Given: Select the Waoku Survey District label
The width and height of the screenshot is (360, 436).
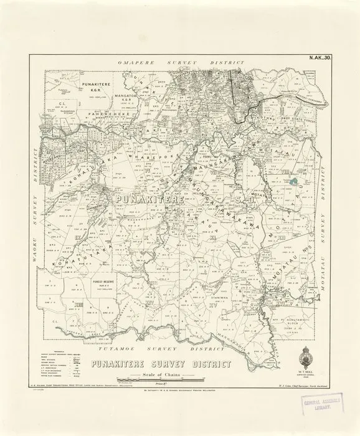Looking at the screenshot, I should (33, 212).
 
